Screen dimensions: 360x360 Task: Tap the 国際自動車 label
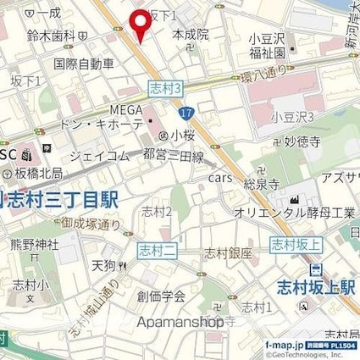coord(83,63)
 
